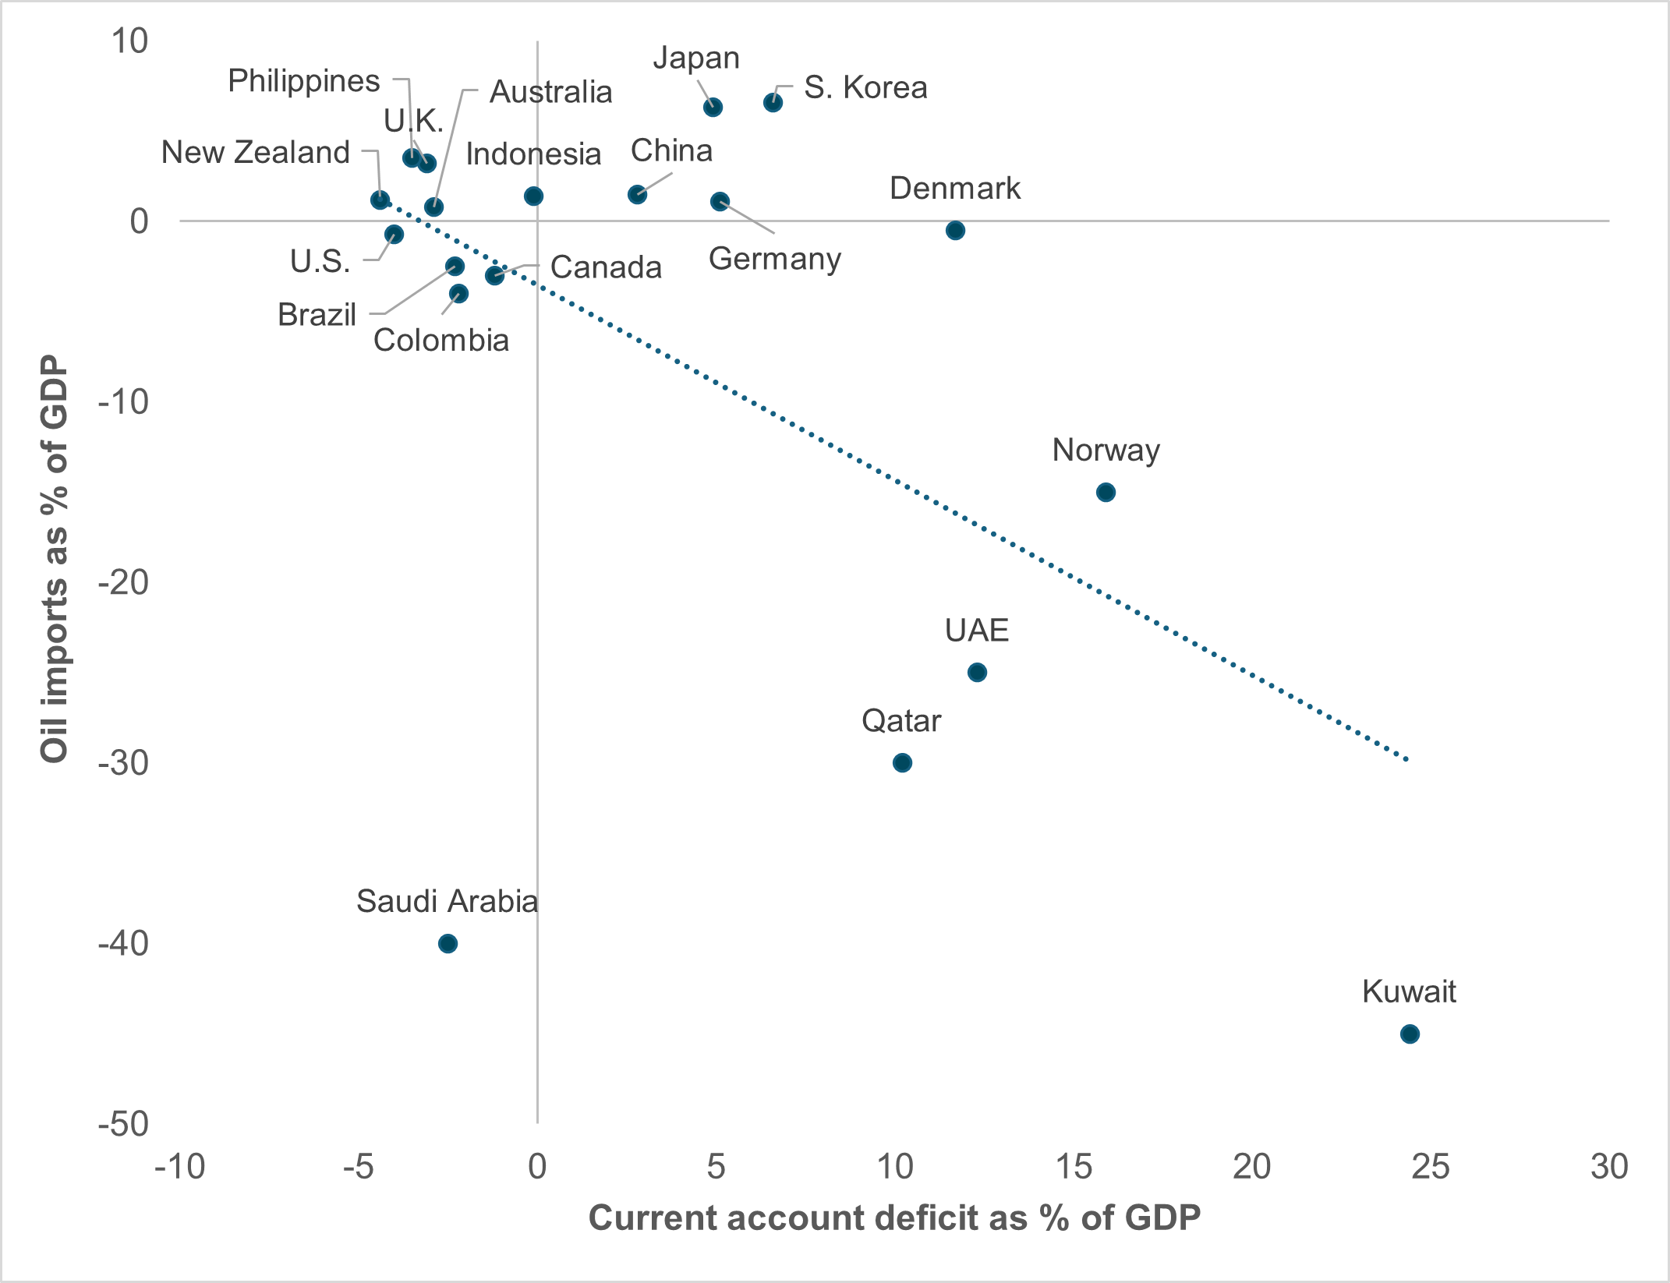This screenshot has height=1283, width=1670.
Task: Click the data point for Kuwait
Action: coord(1409,1034)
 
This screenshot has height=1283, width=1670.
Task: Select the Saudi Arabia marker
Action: coord(448,944)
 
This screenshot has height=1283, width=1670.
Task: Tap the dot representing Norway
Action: coord(1106,493)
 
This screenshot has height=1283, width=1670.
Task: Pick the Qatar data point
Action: coord(902,763)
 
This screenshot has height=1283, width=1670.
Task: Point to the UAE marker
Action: coord(977,673)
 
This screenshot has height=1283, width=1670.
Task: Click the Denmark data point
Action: coord(955,231)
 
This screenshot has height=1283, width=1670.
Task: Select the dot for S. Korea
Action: coord(773,103)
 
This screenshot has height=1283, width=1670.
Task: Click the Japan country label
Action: coord(695,58)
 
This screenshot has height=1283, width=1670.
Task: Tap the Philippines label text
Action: coord(303,81)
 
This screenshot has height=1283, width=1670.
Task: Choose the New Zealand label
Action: coord(256,153)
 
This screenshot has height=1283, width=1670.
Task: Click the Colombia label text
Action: coord(440,341)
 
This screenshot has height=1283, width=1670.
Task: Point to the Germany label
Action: coord(774,259)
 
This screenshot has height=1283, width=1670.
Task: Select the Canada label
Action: coord(606,267)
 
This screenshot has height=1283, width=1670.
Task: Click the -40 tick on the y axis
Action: coord(123,944)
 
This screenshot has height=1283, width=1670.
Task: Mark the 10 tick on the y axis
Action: coord(129,41)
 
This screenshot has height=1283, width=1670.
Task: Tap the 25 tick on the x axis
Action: coord(1430,1168)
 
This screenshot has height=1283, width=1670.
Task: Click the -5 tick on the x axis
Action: coord(358,1168)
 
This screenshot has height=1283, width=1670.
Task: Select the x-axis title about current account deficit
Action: coord(893,1218)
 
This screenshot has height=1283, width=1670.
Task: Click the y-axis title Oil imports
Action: coord(55,558)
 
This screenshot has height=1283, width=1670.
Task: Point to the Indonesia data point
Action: coord(533,196)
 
